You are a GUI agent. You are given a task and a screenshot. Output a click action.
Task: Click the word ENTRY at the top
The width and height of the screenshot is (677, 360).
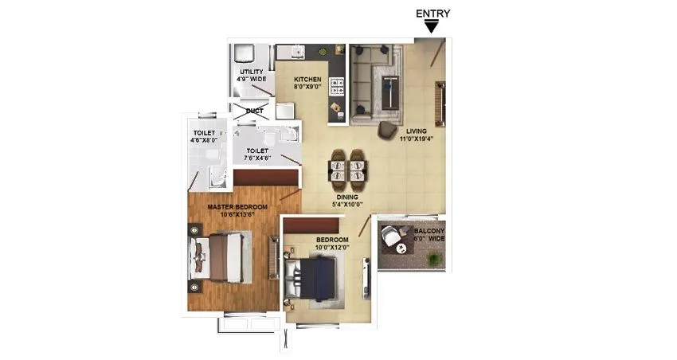433,13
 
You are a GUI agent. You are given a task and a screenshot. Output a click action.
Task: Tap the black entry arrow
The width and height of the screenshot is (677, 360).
432,27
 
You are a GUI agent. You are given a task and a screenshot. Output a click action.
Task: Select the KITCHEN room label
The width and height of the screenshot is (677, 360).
307,80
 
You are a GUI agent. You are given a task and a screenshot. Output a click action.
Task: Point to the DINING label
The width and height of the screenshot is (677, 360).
346,196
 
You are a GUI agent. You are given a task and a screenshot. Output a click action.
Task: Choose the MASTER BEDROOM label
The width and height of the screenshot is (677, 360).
237,207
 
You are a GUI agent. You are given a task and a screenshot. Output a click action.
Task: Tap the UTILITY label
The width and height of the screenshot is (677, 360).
252,72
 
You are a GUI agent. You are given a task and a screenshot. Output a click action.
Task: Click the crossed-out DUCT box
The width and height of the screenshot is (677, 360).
253,111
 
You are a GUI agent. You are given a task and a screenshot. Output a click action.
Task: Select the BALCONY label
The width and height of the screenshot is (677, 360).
429,230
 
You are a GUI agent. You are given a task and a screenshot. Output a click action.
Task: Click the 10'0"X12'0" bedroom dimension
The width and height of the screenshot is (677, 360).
332,248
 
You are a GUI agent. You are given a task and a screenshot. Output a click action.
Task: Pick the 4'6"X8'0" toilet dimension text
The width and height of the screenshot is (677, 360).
204,140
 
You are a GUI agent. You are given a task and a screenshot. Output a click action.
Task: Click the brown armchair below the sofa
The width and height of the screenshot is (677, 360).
388,129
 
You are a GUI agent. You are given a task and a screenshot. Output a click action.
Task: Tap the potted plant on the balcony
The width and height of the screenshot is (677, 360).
434,259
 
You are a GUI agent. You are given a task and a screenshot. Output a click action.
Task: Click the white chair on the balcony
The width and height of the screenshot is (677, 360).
390,237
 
